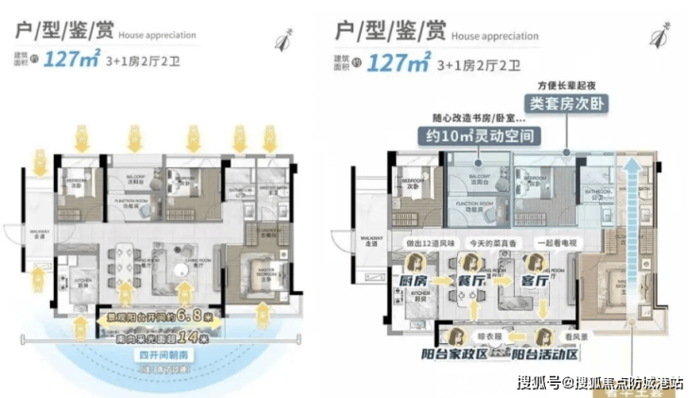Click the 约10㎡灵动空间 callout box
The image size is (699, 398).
(478, 137)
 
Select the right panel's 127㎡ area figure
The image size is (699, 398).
(398, 63)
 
